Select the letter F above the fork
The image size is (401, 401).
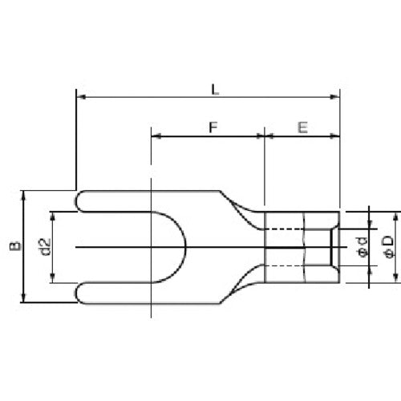point(212,127)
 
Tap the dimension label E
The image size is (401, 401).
point(302,127)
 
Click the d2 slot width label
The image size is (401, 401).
point(45,247)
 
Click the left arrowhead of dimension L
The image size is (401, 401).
point(80,99)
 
